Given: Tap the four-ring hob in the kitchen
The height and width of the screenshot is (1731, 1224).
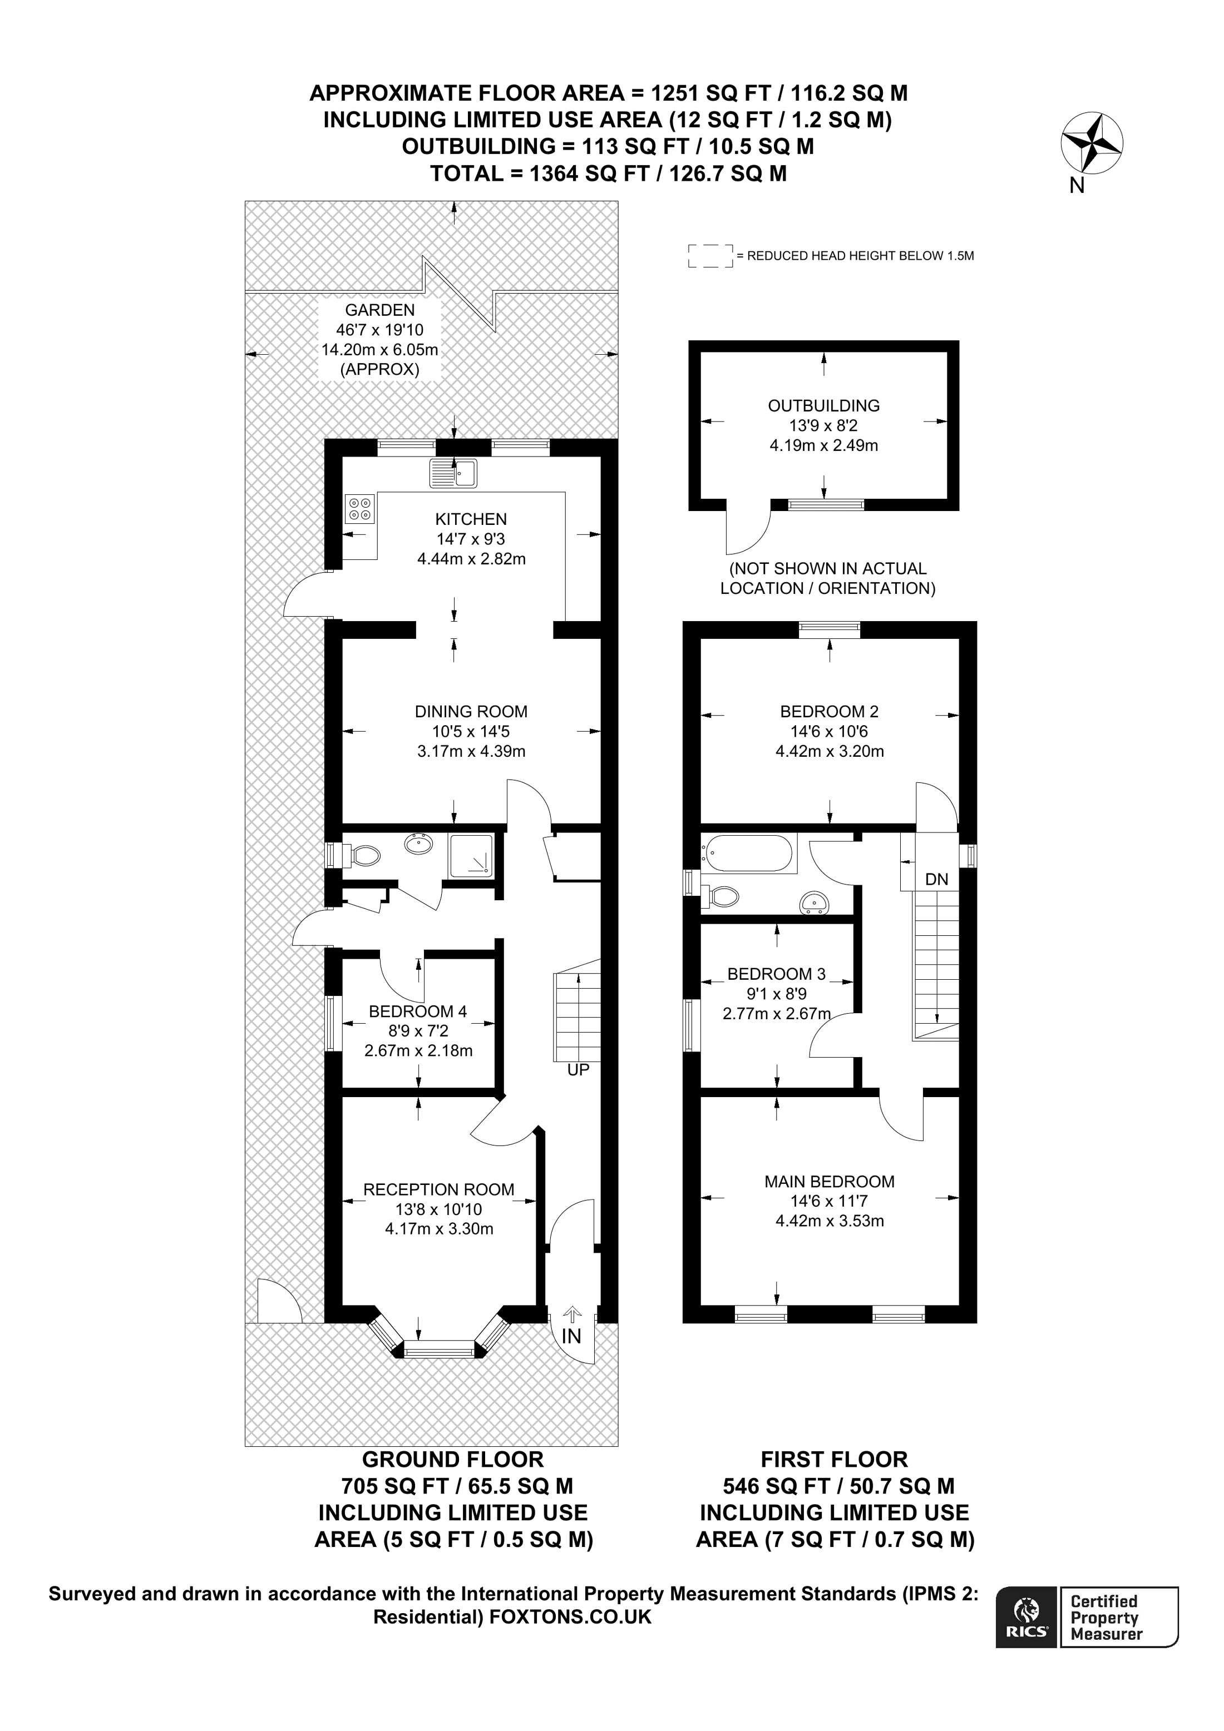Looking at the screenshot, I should (360, 508).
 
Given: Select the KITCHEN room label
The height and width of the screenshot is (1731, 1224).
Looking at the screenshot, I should (471, 519).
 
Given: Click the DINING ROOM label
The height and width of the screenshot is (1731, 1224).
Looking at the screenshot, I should (471, 711).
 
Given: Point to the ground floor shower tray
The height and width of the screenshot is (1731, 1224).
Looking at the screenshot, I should (471, 856).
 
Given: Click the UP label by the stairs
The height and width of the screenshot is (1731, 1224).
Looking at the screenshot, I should (578, 1070).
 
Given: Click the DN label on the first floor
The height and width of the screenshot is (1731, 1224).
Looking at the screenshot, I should (937, 879).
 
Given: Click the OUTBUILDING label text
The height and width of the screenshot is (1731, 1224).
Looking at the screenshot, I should (823, 405).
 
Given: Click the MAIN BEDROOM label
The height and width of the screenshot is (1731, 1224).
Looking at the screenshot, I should (830, 1182).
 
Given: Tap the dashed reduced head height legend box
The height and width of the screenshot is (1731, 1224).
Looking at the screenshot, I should (710, 256).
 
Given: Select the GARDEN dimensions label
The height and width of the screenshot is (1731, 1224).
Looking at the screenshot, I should (379, 339).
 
